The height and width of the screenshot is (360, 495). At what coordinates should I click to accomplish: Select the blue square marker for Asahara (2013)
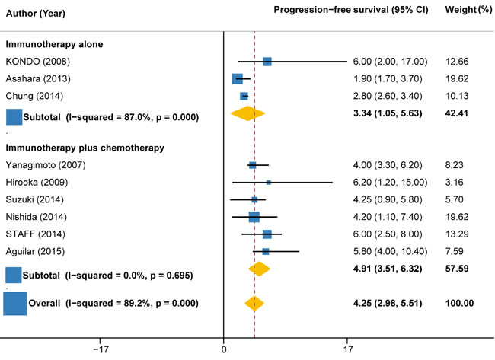pyautogui.click(x=238, y=79)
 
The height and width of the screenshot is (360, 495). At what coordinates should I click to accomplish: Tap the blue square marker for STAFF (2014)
pyautogui.click(x=267, y=234)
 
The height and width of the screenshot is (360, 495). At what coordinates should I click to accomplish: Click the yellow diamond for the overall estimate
pyautogui.click(x=254, y=304)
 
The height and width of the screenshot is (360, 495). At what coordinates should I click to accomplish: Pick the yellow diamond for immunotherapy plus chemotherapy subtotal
pyautogui.click(x=260, y=269)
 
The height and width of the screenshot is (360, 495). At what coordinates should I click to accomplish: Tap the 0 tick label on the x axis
pyautogui.click(x=224, y=351)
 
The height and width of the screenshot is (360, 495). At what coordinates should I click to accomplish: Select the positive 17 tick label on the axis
pyautogui.click(x=347, y=351)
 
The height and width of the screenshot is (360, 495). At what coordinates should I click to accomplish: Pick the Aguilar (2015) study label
pyautogui.click(x=37, y=251)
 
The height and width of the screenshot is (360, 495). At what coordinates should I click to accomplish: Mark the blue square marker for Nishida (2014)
pyautogui.click(x=254, y=217)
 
